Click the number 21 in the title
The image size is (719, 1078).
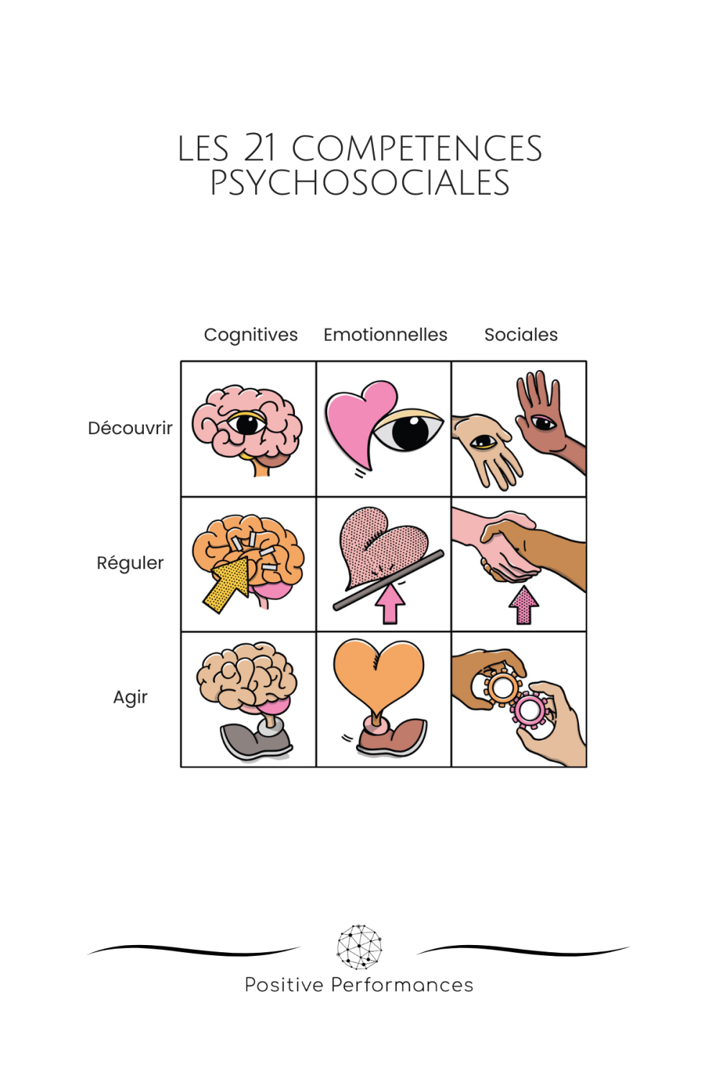[260, 148]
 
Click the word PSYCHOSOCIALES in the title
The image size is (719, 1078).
[359, 183]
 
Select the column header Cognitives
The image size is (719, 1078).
[250, 335]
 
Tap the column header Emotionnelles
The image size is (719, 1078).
[385, 335]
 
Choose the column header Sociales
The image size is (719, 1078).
[521, 335]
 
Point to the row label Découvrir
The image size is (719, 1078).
[130, 428]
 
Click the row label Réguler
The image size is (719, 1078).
[130, 563]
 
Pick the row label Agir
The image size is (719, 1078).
[130, 697]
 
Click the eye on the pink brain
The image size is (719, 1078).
[247, 424]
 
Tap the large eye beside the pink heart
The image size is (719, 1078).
[408, 430]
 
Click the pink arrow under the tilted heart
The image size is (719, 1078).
[390, 603]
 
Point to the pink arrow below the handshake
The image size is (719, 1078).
[523, 605]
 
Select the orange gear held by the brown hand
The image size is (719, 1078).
[501, 688]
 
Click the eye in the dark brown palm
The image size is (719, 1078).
[544, 422]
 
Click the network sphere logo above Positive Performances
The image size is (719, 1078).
[359, 946]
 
